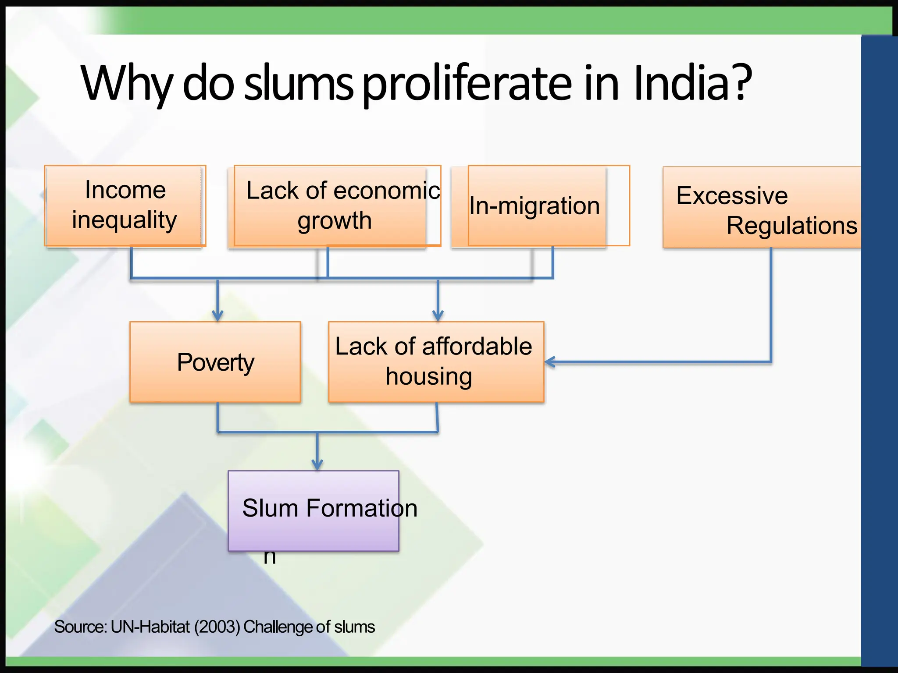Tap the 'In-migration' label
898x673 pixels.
(535, 205)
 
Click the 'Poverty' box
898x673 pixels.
(215, 362)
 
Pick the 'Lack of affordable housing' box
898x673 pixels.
(436, 362)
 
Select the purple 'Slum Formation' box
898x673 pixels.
(314, 510)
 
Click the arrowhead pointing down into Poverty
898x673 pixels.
(217, 316)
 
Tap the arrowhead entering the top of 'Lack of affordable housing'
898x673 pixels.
(438, 316)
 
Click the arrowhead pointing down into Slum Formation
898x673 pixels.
(317, 465)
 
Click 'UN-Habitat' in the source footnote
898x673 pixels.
(150, 627)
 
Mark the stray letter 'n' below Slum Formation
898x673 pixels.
(270, 557)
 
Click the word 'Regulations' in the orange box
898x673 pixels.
(791, 226)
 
